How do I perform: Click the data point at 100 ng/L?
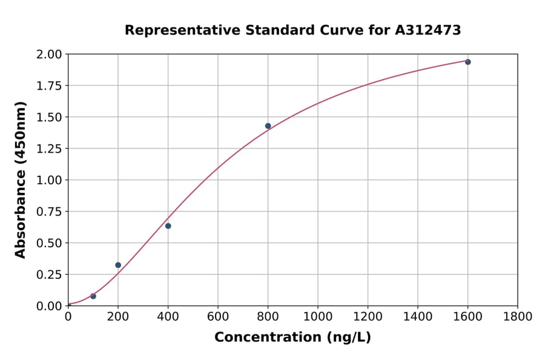point(93,296)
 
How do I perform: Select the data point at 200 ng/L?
point(118,265)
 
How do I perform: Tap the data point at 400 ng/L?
point(168,226)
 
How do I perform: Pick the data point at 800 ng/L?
point(268,126)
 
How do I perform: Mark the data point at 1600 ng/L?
point(467,62)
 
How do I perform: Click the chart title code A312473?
point(428,30)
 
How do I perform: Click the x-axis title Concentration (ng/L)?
point(292,338)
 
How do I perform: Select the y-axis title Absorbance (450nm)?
point(21,180)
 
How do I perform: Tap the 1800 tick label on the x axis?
point(517,317)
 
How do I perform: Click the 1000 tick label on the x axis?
point(317,317)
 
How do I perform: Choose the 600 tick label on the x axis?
point(217,317)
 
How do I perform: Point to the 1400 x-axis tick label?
point(417,317)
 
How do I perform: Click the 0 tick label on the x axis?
point(68,317)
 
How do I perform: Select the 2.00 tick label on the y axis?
point(49,55)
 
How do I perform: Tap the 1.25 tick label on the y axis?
point(49,148)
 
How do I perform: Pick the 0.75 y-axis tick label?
point(49,212)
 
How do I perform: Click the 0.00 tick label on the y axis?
point(49,306)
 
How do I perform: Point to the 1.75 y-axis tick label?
point(49,85)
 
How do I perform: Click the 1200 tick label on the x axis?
point(368,317)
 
